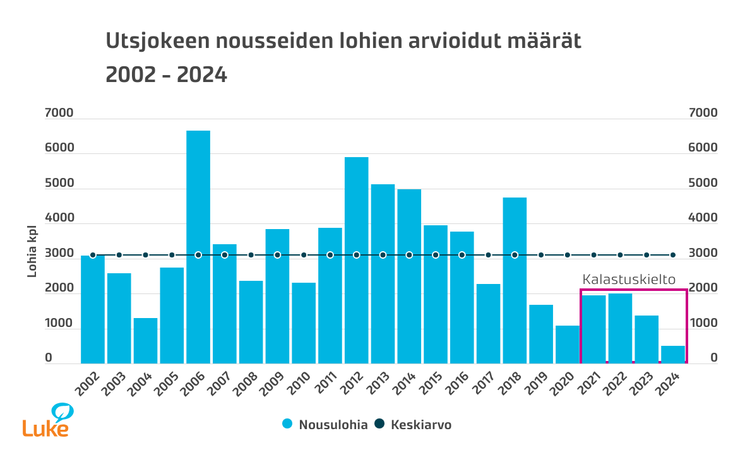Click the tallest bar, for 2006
pos(198,247)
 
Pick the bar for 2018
pos(515,280)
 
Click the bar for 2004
pos(145,340)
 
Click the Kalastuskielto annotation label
pos(629,280)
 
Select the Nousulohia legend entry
pos(325,425)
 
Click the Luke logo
pos(47,420)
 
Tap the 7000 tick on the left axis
pos(59,114)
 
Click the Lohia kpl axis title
pos(32,251)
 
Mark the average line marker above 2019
pos(541,255)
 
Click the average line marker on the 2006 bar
pos(198,255)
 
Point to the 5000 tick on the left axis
pos(59,184)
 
